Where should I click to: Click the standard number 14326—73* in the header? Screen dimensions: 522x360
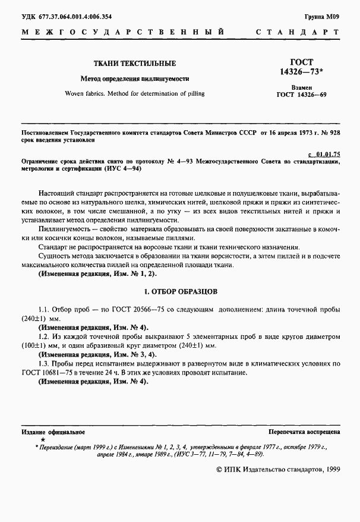pyautogui.click(x=301, y=71)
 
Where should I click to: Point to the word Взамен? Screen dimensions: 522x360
pyautogui.click(x=301, y=87)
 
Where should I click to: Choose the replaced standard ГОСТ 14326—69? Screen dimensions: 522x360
pyautogui.click(x=301, y=95)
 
